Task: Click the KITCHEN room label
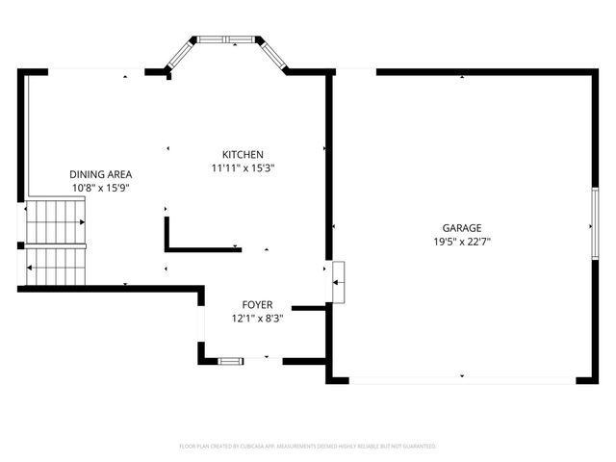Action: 243,155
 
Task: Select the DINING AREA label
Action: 100,174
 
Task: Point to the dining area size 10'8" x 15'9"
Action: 100,188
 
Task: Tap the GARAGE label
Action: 462,228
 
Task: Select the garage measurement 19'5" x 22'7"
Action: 462,242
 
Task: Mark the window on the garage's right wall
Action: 594,224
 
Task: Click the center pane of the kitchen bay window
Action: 227,40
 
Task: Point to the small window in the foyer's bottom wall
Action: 231,361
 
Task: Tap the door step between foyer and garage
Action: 338,281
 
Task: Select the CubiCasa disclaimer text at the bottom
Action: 308,447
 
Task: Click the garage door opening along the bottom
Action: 462,380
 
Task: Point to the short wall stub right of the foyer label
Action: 309,308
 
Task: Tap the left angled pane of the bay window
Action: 180,54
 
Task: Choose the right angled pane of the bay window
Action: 273,54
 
